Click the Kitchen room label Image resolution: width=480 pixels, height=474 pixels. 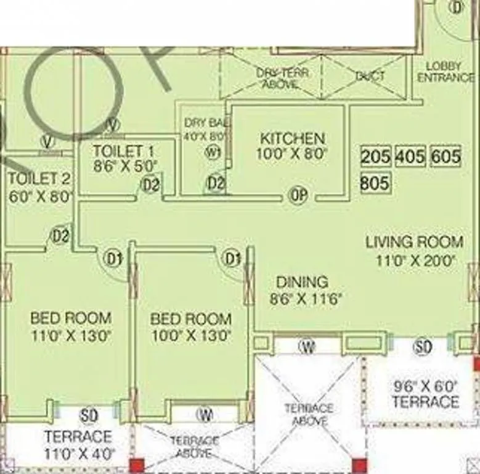291,138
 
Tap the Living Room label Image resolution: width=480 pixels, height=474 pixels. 414,241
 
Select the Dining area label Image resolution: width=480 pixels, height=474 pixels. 301,282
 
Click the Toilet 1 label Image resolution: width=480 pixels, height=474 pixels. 123,151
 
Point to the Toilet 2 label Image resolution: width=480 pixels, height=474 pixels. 39,179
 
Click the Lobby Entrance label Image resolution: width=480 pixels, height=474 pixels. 445,72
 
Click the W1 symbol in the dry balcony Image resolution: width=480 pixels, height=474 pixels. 213,153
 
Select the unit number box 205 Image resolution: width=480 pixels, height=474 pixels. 375,157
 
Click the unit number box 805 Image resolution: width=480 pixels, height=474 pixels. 375,183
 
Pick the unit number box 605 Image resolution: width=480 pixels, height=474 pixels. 445,157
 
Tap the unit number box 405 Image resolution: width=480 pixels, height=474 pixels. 410,157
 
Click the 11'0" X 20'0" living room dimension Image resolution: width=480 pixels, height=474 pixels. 415,260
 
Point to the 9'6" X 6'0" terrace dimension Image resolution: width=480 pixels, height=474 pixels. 425,387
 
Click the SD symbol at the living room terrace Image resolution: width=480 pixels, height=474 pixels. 423,347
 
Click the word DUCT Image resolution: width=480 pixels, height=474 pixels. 370,77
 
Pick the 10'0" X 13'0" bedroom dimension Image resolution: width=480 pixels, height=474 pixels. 191,336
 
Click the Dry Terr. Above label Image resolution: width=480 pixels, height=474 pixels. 283,78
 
